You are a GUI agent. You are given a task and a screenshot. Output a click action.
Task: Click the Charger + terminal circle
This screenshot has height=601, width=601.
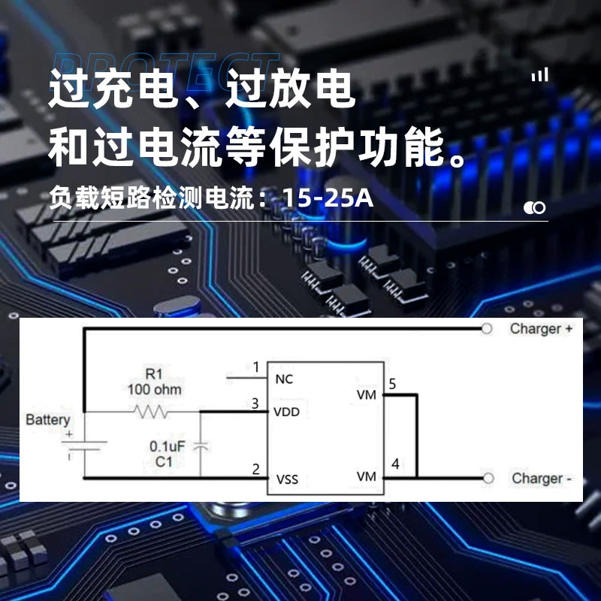click(x=486, y=328)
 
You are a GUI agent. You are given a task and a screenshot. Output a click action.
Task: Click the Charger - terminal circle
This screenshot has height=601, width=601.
click(x=488, y=478)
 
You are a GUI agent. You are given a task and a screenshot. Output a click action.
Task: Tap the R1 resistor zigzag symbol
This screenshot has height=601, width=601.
click(x=151, y=412)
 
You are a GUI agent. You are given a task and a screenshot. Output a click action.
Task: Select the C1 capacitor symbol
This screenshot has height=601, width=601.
click(x=200, y=446)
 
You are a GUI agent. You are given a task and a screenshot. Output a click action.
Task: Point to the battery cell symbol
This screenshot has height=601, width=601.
click(x=84, y=445)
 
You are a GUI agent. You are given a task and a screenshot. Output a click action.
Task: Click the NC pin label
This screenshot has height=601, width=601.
click(x=284, y=379)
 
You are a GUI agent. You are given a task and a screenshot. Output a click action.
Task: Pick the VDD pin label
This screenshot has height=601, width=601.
click(x=287, y=412)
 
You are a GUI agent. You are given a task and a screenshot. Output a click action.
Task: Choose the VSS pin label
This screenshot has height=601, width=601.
click(x=287, y=479)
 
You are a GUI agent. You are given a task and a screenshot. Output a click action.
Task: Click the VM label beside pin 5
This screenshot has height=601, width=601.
click(x=367, y=394)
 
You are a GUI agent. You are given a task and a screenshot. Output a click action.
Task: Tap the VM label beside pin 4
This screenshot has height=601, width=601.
click(x=367, y=476)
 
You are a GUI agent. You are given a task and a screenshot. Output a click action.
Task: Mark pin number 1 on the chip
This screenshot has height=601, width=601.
click(x=256, y=367)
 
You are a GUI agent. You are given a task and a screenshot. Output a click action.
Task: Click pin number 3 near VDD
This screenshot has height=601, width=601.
click(x=255, y=403)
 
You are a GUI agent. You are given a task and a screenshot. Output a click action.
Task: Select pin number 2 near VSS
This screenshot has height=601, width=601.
click(x=255, y=469)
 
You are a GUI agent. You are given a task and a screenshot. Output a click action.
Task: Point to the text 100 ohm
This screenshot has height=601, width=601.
click(x=155, y=389)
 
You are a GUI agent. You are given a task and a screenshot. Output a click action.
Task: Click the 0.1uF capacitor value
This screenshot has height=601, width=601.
click(x=167, y=446)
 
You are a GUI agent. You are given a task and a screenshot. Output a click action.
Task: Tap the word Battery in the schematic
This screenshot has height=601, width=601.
click(x=48, y=420)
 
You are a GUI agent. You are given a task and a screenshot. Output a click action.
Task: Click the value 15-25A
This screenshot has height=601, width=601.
click(x=328, y=198)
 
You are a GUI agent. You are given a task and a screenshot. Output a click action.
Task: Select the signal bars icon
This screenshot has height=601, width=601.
click(x=539, y=74)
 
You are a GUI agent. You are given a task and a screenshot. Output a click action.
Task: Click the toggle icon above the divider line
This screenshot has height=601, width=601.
click(x=535, y=208)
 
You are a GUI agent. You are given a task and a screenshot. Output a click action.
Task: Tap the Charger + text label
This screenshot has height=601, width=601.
click(x=541, y=328)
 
